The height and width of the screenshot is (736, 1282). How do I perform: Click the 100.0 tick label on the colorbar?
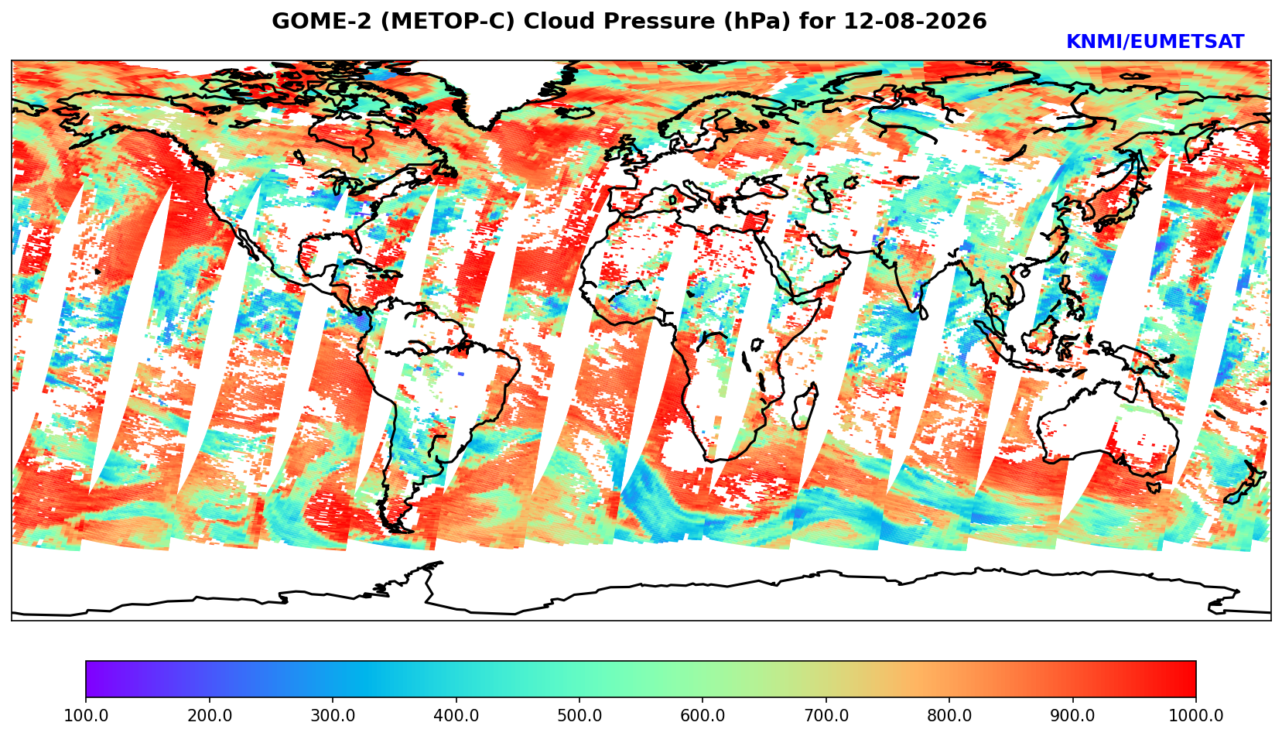click(86, 715)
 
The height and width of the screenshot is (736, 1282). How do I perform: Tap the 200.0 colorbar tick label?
click(210, 715)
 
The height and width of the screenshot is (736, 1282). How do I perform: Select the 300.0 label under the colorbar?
click(333, 715)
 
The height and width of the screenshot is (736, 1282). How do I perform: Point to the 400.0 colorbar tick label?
click(456, 715)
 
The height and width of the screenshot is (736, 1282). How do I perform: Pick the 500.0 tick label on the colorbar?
click(579, 715)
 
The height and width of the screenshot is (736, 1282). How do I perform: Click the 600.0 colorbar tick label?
click(703, 715)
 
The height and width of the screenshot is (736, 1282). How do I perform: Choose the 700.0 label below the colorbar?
click(826, 715)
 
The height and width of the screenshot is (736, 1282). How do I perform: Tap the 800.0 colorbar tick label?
click(949, 715)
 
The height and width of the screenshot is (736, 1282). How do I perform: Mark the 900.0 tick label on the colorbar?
click(1072, 715)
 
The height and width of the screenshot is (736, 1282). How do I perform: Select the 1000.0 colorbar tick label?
click(1196, 715)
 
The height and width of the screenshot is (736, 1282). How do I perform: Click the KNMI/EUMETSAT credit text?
click(1155, 42)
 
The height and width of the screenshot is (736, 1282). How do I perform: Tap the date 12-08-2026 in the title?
click(915, 21)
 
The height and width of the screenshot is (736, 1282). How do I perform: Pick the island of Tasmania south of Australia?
click(1154, 487)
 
